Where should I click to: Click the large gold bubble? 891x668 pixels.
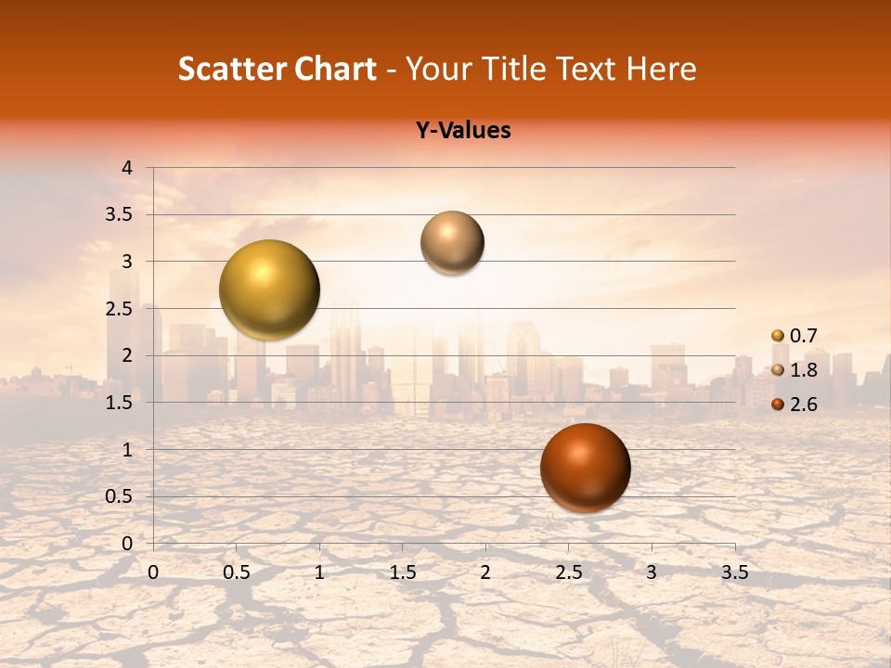coord(269,289)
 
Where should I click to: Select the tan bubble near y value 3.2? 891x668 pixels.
coord(452,242)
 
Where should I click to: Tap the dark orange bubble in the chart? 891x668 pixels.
coord(585,468)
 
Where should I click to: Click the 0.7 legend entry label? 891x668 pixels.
coord(803,336)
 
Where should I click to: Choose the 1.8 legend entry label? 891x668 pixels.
coord(803,370)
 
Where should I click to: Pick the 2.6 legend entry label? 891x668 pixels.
coord(803,404)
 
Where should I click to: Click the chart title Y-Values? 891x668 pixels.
coord(462,131)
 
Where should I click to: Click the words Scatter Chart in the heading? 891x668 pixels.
coord(277,69)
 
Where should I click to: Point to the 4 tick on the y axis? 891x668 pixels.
coord(127,168)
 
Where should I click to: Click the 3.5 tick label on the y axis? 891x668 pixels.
coord(119,214)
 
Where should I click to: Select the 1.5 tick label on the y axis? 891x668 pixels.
coord(119,403)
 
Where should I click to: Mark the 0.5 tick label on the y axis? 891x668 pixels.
coord(119,496)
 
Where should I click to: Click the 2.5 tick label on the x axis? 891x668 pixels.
coord(568,572)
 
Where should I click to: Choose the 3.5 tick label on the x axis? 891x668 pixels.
coord(734,572)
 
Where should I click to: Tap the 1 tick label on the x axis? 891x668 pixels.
coord(319,572)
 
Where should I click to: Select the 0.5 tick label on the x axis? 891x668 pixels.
coord(236,572)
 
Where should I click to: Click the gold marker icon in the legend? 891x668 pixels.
coord(778,336)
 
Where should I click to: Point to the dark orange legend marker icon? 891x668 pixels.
coord(778,404)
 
